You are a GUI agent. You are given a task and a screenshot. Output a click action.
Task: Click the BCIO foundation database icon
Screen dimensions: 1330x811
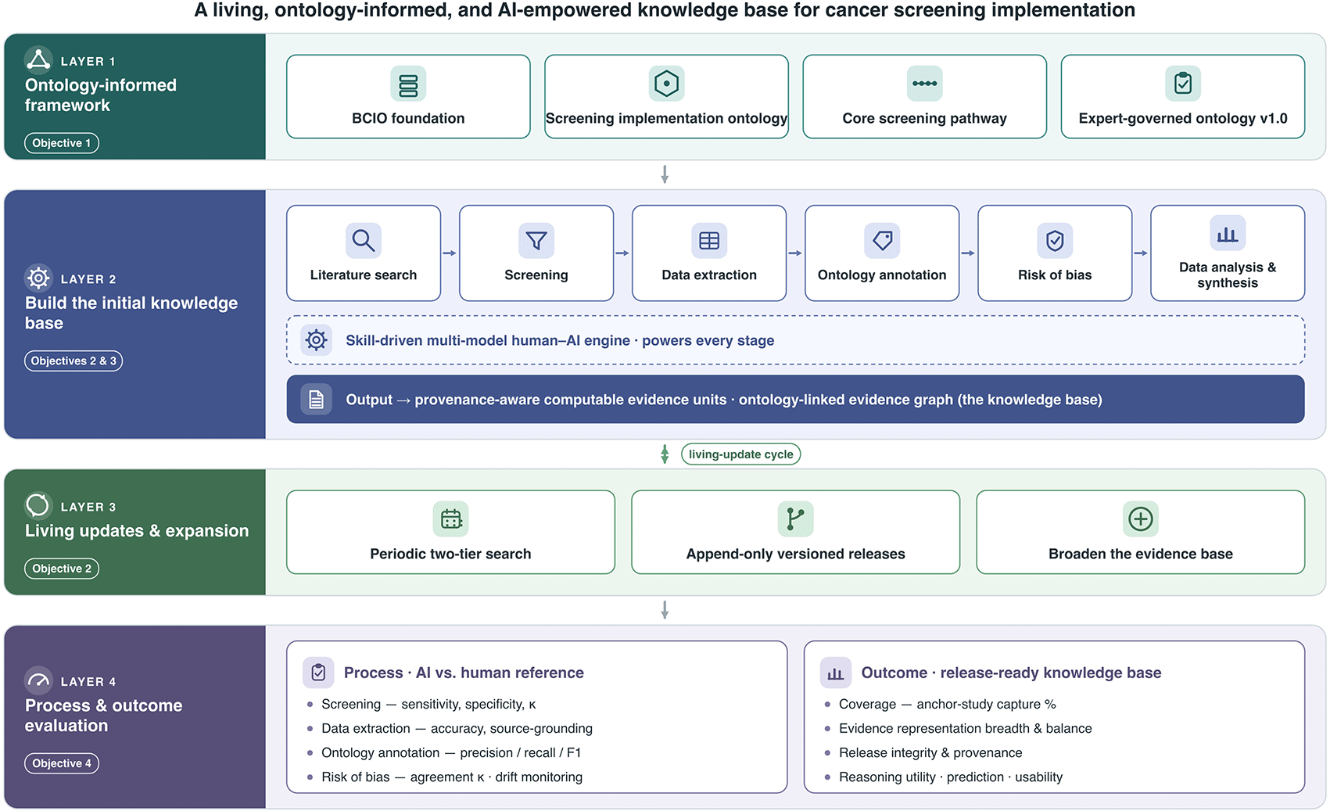point(408,84)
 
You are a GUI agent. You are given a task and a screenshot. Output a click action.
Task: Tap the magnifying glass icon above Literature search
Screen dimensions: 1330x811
point(364,240)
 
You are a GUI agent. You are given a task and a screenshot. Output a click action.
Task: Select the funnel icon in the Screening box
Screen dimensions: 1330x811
point(536,240)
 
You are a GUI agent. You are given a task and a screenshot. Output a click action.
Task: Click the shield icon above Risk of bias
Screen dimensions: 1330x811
point(1055,240)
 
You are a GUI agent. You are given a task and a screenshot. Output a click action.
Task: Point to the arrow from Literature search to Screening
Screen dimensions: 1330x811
point(450,253)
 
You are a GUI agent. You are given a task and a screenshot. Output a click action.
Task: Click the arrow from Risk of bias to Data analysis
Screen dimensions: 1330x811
point(1141,253)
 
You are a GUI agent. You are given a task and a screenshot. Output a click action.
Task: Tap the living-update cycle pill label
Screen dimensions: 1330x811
point(740,454)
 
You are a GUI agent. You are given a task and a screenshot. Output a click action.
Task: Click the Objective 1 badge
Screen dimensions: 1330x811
point(62,143)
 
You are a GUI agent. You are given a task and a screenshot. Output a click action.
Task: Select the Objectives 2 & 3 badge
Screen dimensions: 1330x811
point(73,361)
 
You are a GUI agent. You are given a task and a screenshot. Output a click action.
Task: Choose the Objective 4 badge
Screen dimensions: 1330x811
point(62,763)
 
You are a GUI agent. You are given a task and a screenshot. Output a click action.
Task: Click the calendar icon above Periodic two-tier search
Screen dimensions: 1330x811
point(450,519)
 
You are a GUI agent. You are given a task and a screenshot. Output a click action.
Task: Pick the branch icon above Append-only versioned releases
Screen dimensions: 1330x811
point(796,519)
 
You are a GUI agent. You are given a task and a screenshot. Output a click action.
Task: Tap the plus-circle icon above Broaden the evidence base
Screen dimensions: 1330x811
point(1141,519)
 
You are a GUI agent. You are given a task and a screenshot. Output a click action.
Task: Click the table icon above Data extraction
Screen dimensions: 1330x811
point(709,240)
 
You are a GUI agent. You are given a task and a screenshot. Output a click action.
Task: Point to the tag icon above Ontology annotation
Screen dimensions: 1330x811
point(882,240)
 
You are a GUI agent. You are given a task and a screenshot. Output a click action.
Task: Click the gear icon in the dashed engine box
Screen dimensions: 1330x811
point(316,340)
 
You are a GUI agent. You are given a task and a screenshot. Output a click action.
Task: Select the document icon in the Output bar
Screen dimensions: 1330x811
point(316,399)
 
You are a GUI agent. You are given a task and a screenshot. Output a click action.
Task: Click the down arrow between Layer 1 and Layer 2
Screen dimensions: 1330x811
point(665,174)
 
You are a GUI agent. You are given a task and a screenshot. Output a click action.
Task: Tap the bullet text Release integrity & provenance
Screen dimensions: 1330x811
point(930,753)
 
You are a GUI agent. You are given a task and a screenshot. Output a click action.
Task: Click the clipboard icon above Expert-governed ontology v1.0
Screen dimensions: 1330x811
point(1183,84)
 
